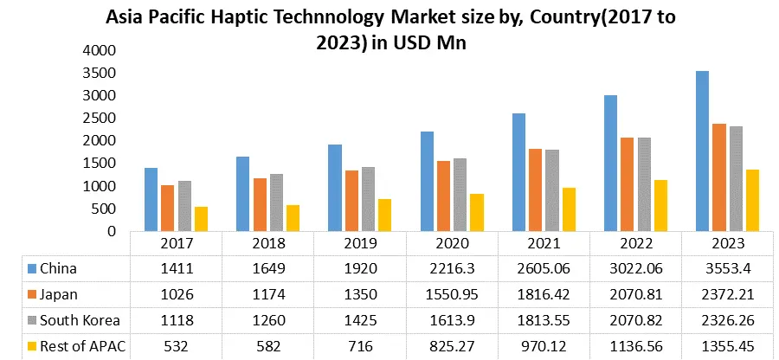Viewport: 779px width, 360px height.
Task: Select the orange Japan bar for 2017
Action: tap(167, 208)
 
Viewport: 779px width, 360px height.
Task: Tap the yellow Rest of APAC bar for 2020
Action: tap(477, 212)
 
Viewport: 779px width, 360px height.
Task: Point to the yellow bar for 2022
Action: tap(661, 205)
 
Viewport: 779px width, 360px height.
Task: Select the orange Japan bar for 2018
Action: tap(259, 204)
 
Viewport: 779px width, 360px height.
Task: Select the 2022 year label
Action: tap(635, 244)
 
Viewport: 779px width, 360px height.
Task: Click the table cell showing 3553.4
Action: tap(727, 267)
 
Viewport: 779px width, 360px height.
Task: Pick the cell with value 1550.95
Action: tap(453, 293)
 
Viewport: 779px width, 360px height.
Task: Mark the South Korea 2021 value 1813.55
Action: tap(544, 319)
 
